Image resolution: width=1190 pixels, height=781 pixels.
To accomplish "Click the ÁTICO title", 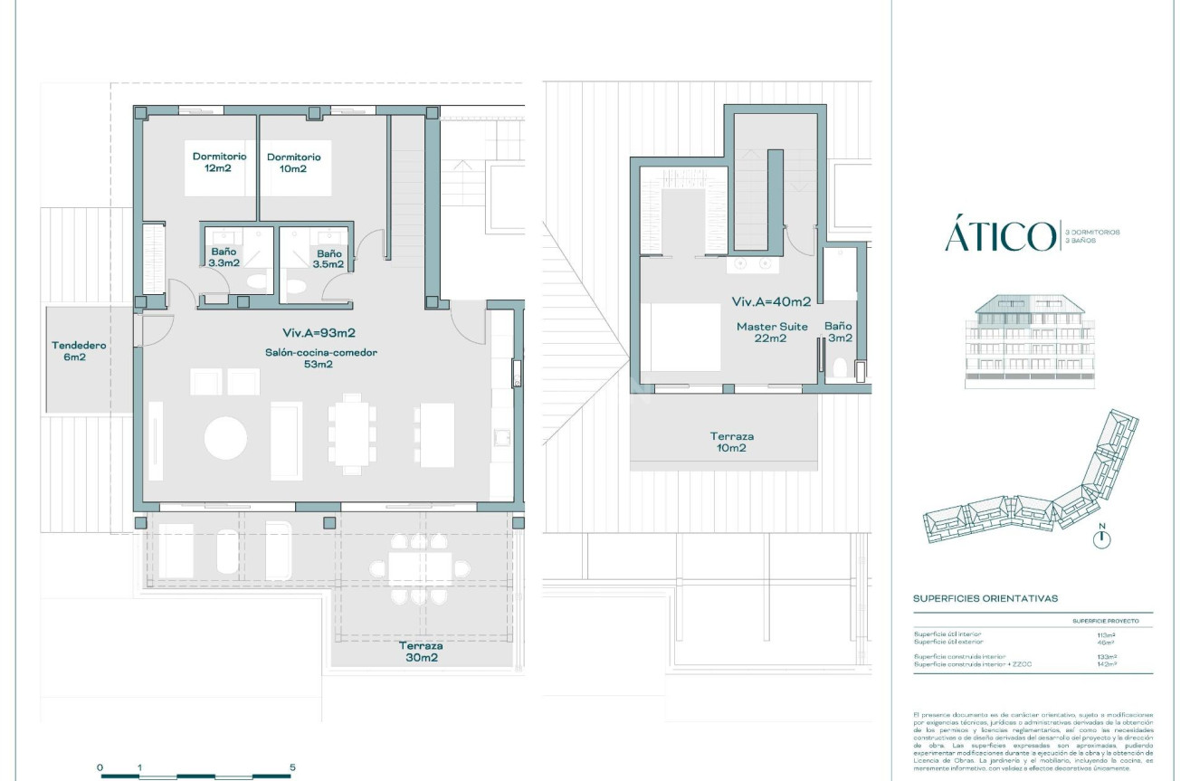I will coord(999,236).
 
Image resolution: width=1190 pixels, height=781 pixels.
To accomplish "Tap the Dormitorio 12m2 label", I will coord(219,162).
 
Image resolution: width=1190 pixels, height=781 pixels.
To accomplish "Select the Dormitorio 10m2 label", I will coord(293,163).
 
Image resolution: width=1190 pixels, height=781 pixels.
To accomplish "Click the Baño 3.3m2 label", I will coord(224,259).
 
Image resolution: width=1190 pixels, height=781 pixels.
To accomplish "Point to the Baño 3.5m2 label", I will coord(328,259).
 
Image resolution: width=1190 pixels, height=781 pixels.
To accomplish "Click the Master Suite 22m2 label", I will coord(773,332).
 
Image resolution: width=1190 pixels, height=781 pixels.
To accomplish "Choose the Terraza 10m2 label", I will coord(731,442).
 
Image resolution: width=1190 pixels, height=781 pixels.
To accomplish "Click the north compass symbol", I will coord(1101,538).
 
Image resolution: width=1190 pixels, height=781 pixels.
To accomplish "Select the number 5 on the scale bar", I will coord(292,767).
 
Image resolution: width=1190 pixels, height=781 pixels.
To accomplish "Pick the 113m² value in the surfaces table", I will coord(1106,635).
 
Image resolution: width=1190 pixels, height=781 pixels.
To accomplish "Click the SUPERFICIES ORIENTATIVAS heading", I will coord(985,598).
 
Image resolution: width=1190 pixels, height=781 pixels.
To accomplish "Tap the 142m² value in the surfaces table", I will coord(1106,663).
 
